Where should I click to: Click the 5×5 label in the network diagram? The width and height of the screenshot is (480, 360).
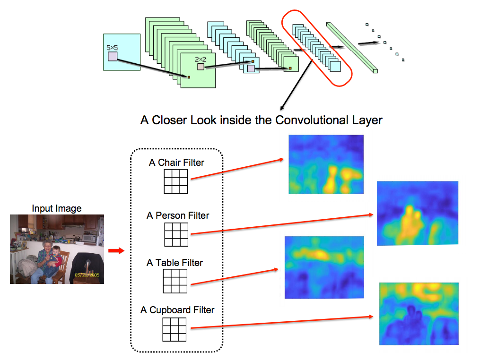tap(112, 48)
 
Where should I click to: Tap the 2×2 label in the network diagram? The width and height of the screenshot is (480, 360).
tap(201, 59)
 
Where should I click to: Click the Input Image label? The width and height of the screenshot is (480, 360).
tap(57, 208)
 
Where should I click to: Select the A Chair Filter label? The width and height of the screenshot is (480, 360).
tap(176, 163)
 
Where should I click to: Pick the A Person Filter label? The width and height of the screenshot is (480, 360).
tap(178, 215)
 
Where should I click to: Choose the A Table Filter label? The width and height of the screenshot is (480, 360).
tap(175, 263)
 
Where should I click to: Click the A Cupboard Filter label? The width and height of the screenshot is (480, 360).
tap(177, 310)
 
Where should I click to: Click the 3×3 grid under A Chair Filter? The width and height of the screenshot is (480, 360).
tap(175, 182)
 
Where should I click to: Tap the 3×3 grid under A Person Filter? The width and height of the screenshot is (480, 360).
tap(176, 235)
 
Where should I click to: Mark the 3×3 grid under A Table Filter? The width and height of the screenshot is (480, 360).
tap(175, 281)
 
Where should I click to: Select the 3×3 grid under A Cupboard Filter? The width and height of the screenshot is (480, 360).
tap(175, 329)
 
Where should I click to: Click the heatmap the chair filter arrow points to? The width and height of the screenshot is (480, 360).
tap(326, 164)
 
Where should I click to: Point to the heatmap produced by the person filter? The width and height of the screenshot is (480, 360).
tap(418, 213)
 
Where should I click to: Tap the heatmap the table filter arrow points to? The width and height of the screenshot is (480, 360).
tap(324, 267)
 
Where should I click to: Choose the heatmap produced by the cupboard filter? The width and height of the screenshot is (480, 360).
tap(419, 313)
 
